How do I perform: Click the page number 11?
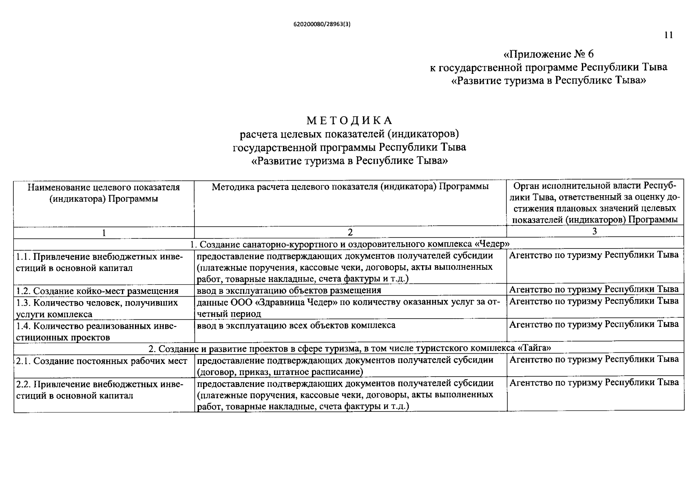(x=668, y=35)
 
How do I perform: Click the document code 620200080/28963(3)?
(x=322, y=24)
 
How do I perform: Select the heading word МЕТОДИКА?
(x=349, y=121)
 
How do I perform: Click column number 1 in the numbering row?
(x=104, y=233)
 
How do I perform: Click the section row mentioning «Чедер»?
(x=349, y=244)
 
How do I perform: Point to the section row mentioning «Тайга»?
(x=349, y=349)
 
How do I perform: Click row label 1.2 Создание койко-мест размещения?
(x=97, y=291)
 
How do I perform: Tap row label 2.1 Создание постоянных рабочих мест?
(x=102, y=361)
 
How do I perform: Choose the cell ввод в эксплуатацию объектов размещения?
(x=289, y=291)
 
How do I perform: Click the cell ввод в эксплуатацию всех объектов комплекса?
(x=296, y=326)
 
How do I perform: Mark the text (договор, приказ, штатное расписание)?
(x=280, y=372)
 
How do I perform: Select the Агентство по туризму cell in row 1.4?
(x=594, y=325)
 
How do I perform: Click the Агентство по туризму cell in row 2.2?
(x=594, y=383)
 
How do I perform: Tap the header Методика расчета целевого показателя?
(x=350, y=187)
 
